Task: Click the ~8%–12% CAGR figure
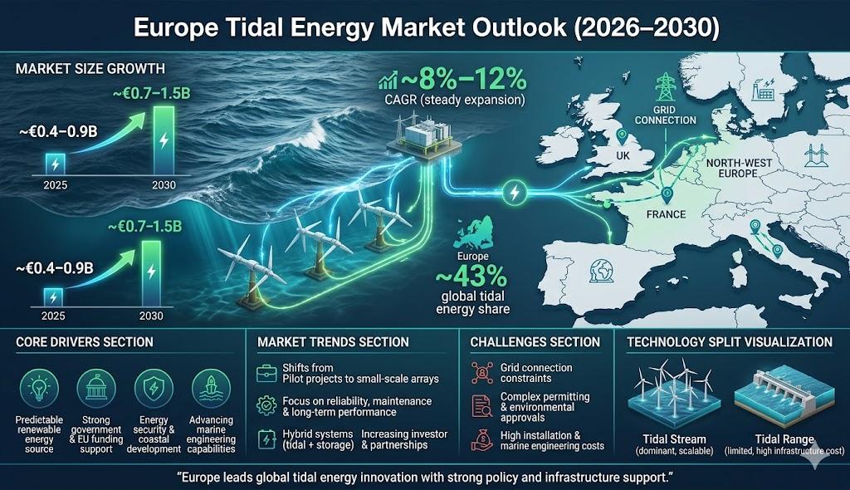pyautogui.click(x=463, y=80)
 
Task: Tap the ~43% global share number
pyautogui.click(x=471, y=277)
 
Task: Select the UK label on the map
pyautogui.click(x=623, y=156)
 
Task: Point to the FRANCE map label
pyautogui.click(x=666, y=214)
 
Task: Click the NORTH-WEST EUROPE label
pyautogui.click(x=738, y=169)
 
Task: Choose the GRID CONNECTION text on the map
pyautogui.click(x=665, y=115)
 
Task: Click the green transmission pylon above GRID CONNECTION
pyautogui.click(x=664, y=87)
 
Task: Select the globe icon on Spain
pyautogui.click(x=602, y=271)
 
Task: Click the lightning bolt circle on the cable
pyautogui.click(x=515, y=193)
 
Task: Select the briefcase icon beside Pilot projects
pyautogui.click(x=266, y=374)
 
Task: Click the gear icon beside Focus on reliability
pyautogui.click(x=266, y=406)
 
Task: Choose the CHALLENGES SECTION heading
pyautogui.click(x=535, y=342)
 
